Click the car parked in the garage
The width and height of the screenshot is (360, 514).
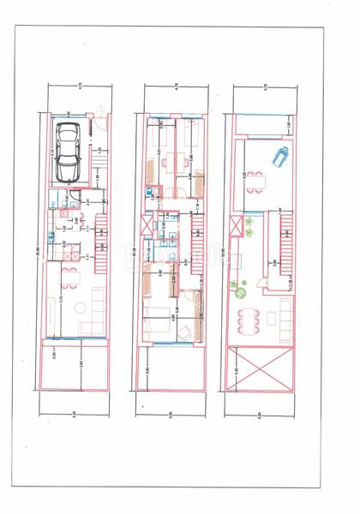pyautogui.click(x=66, y=152)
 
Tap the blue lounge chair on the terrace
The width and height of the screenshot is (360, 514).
pyautogui.click(x=280, y=157)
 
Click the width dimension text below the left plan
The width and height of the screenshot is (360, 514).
pyautogui.click(x=74, y=415)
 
